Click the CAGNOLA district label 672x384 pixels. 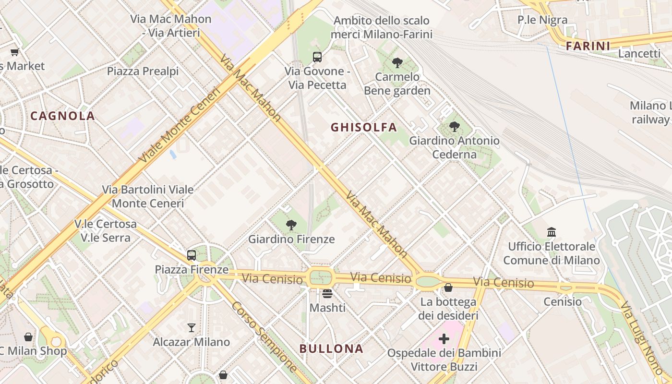(x=62, y=116)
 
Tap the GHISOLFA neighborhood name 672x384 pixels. (x=364, y=127)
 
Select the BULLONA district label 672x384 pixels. (x=331, y=348)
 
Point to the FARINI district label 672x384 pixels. (x=588, y=46)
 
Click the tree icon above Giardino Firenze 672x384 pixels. (x=291, y=225)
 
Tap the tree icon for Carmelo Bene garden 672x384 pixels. (x=397, y=62)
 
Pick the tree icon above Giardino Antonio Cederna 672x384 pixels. (x=455, y=127)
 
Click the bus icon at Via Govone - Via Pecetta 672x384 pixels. (x=317, y=57)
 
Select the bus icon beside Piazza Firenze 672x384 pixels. (x=192, y=255)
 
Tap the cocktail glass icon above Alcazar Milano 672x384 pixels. (x=192, y=328)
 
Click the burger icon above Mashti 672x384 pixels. (x=327, y=293)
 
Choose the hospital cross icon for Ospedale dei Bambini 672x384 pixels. (x=444, y=339)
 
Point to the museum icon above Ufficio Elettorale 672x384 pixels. (x=552, y=232)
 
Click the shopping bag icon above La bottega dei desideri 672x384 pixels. (x=448, y=288)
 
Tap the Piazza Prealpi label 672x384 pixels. (x=143, y=72)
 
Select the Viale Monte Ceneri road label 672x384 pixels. (x=179, y=125)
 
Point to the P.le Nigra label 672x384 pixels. (x=542, y=20)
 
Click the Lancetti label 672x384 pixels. (x=639, y=54)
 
